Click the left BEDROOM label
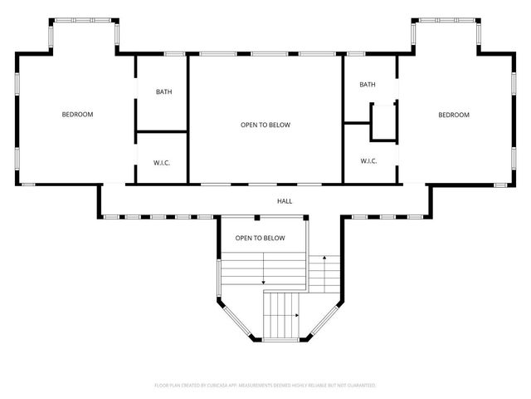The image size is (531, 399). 77,115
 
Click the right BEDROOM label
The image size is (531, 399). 454,115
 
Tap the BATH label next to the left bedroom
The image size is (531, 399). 163,91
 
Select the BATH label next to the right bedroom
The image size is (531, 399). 368,85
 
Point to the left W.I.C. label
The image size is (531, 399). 162,162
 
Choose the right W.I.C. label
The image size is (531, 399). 368,160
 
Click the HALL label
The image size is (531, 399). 285,201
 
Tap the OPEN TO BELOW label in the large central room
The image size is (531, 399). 265,125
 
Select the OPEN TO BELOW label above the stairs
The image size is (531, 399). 260,238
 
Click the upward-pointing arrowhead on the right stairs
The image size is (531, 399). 324,259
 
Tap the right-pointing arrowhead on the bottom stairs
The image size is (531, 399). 297,316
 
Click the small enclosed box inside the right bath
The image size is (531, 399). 382,121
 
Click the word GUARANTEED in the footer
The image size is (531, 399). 360,386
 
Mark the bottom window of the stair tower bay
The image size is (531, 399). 281,340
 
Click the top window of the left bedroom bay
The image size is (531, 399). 85,20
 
